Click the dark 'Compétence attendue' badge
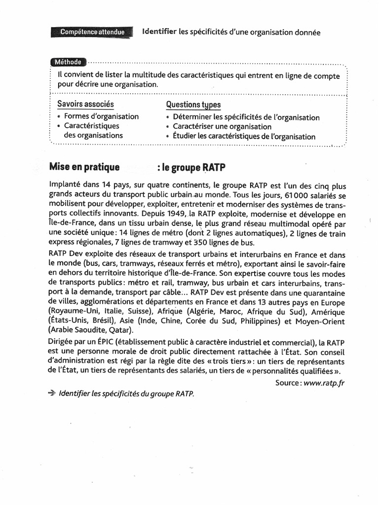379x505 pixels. coord(92,32)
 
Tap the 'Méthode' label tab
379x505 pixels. coord(68,62)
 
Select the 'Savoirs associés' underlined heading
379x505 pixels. coord(85,105)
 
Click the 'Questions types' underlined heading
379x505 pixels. coord(193,105)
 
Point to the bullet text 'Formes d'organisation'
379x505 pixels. coord(102,116)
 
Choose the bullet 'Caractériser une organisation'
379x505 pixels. coord(222,127)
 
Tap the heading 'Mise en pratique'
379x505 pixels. coord(84,167)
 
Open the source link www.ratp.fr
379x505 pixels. coord(324,383)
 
